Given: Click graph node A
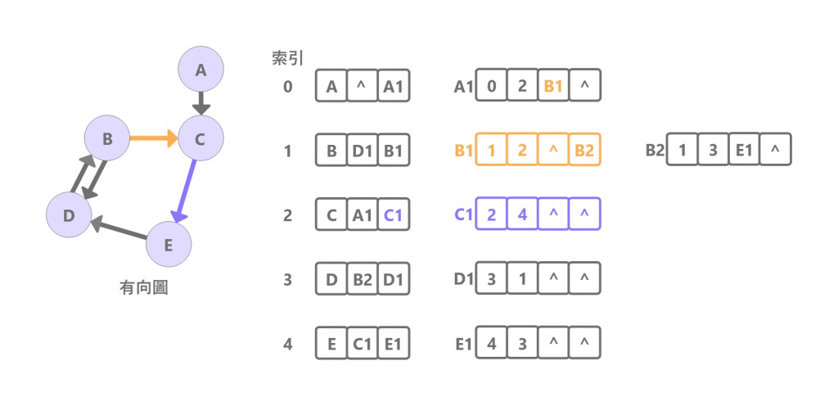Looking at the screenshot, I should pyautogui.click(x=200, y=71).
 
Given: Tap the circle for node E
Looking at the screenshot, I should pyautogui.click(x=168, y=243).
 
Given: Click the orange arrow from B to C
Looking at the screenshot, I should pyautogui.click(x=154, y=139).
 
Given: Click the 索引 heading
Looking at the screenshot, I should pyautogui.click(x=288, y=59).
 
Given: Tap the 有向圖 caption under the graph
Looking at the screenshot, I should pyautogui.click(x=144, y=288).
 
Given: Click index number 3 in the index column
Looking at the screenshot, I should pyautogui.click(x=288, y=279).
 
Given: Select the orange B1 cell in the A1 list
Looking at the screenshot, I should pyautogui.click(x=553, y=86).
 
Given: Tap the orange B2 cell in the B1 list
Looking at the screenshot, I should pyautogui.click(x=584, y=150).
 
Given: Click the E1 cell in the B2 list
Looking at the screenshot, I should pyautogui.click(x=744, y=150).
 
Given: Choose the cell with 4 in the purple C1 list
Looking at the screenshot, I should pyautogui.click(x=522, y=214).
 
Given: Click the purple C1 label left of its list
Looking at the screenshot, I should pyautogui.click(x=464, y=214).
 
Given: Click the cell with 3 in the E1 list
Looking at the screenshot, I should pyautogui.click(x=522, y=344).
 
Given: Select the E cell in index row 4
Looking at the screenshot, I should pyautogui.click(x=331, y=344).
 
